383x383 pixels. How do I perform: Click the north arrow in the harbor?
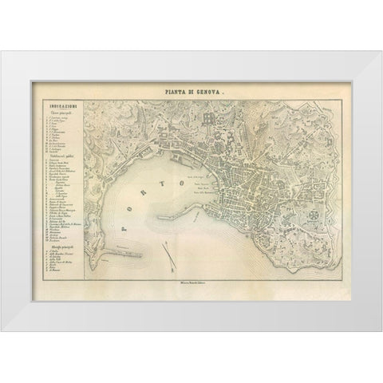[x=168, y=251]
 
